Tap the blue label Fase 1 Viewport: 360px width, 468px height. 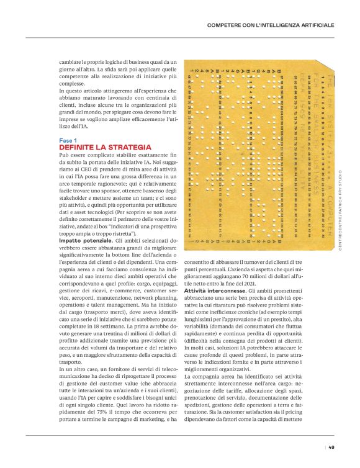pyautogui.click(x=69, y=141)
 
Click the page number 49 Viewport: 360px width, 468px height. pyautogui.click(x=331, y=447)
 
